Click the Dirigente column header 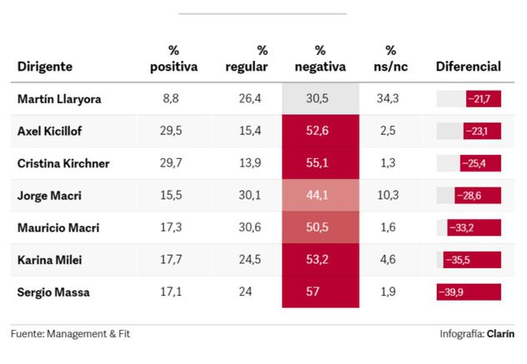(x=45, y=67)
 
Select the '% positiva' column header (x=173, y=59)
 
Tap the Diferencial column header (x=468, y=67)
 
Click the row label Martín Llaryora (x=59, y=99)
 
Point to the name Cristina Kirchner (x=63, y=163)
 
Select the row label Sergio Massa (x=53, y=292)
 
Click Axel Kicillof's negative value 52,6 (x=317, y=131)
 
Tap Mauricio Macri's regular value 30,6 (x=249, y=227)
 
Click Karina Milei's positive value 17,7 (x=171, y=260)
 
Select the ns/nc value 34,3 (x=388, y=98)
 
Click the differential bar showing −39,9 (x=469, y=292)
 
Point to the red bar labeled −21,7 (x=484, y=99)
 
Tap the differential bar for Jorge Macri (x=478, y=196)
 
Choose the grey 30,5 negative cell (x=321, y=98)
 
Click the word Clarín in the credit (x=500, y=334)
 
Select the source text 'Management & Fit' (x=88, y=334)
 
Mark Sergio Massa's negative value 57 (x=313, y=292)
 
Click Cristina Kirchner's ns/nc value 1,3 (x=388, y=163)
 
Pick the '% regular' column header (x=247, y=59)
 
